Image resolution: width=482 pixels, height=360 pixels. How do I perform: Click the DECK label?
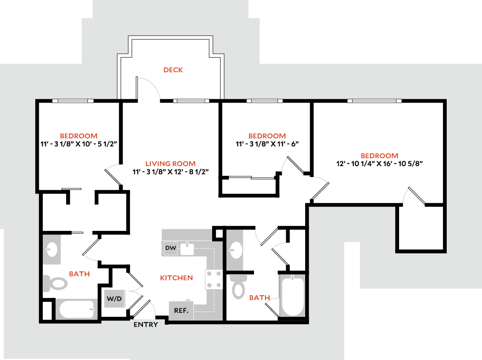(173, 70)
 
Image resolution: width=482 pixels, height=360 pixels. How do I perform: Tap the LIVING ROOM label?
(170, 163)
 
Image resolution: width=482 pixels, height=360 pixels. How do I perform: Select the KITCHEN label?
(176, 278)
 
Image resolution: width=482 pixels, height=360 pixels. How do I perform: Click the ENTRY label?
(146, 325)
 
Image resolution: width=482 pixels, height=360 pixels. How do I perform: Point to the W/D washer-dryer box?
(114, 299)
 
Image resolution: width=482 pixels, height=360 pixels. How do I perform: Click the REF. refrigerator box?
(181, 310)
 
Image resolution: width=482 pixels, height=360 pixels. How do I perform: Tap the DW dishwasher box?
(171, 248)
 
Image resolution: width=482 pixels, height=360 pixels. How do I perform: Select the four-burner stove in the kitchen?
(214, 279)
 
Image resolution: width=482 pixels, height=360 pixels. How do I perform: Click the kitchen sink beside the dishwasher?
(188, 248)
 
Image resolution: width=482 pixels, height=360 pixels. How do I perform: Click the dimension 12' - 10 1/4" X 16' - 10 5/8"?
(379, 163)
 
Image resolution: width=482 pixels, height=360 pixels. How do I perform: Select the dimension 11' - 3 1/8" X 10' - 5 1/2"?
(79, 144)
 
